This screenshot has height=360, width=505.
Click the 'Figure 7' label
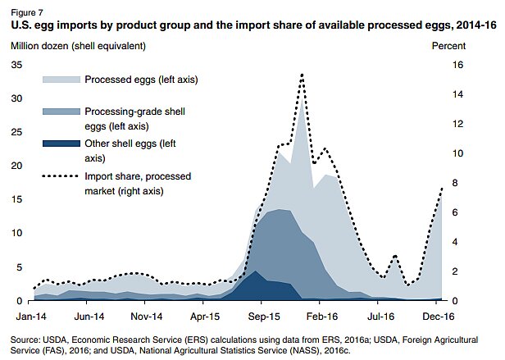pyautogui.click(x=28, y=11)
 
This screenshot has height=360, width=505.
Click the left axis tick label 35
pyautogui.click(x=16, y=64)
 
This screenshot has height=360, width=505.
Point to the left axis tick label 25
pyautogui.click(x=16, y=132)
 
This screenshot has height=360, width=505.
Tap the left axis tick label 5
pyautogui.click(x=19, y=267)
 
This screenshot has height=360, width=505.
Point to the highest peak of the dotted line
pyautogui.click(x=303, y=75)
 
